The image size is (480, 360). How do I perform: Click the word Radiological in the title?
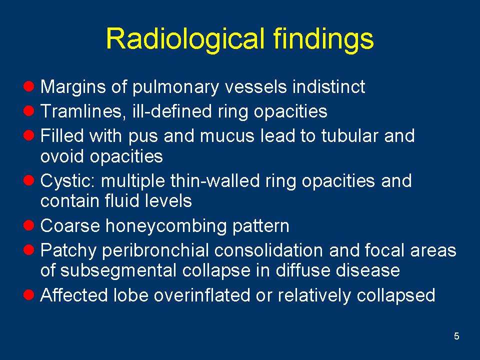185,38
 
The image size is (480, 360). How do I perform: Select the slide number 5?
456,336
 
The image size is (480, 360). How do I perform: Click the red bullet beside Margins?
29,86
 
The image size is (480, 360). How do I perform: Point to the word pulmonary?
175,87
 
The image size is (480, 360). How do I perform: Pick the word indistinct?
328,86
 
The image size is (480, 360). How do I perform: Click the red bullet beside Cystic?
29,180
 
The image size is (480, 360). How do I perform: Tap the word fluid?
122,201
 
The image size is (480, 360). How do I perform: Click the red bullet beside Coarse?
29,225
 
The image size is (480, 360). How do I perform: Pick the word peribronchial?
155,251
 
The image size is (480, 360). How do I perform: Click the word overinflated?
202,295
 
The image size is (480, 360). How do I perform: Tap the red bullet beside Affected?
29,295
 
